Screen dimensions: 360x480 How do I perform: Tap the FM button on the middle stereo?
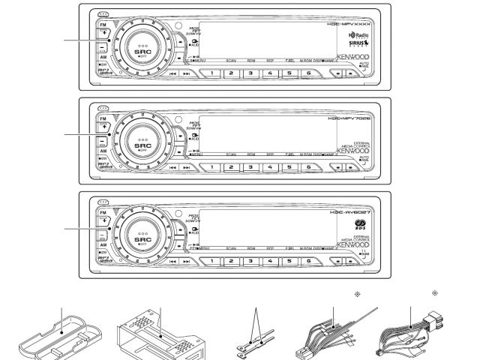[102, 118]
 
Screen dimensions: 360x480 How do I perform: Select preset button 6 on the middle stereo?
[307, 166]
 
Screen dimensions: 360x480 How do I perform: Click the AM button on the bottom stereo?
[102, 244]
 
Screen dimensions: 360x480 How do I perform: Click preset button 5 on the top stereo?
[289, 72]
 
